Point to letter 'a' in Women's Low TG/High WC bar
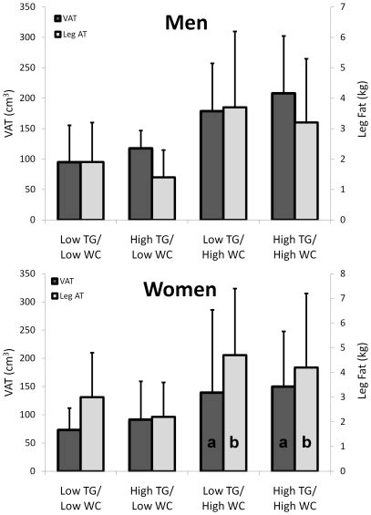coord(211,443)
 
